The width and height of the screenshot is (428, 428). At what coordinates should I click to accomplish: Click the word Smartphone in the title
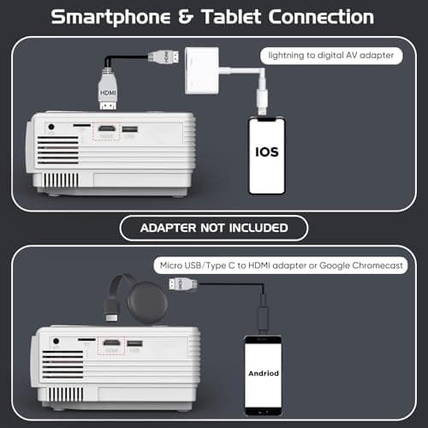pos(110,18)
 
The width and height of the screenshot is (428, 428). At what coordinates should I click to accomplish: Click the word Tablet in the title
pos(231,16)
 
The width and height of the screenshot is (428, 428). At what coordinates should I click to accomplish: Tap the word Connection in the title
pos(321,16)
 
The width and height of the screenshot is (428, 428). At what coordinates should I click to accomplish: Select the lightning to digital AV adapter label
pos(331,56)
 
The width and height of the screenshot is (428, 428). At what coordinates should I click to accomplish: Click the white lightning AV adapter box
pos(202,70)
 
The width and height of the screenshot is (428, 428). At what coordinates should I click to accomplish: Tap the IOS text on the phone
pos(267,152)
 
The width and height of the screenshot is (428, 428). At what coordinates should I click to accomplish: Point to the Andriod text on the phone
pos(264,373)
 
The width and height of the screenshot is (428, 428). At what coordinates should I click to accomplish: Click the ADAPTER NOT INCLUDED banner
pos(214,228)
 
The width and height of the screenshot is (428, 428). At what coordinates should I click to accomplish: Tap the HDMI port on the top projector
pos(107,128)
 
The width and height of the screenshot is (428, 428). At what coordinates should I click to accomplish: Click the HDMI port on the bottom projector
pos(111,343)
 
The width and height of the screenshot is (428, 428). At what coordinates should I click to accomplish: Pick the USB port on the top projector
pos(129,129)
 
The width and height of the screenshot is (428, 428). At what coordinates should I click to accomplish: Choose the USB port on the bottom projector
pos(134,343)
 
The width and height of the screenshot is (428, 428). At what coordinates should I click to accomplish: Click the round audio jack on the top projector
pos(51,127)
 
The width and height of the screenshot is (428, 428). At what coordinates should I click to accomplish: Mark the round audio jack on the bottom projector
pos(56,341)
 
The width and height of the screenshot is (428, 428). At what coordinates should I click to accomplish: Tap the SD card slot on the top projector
pos(82,125)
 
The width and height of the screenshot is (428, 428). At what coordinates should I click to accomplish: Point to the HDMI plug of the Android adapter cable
pos(183,284)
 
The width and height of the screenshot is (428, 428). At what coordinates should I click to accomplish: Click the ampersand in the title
pos(186,16)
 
